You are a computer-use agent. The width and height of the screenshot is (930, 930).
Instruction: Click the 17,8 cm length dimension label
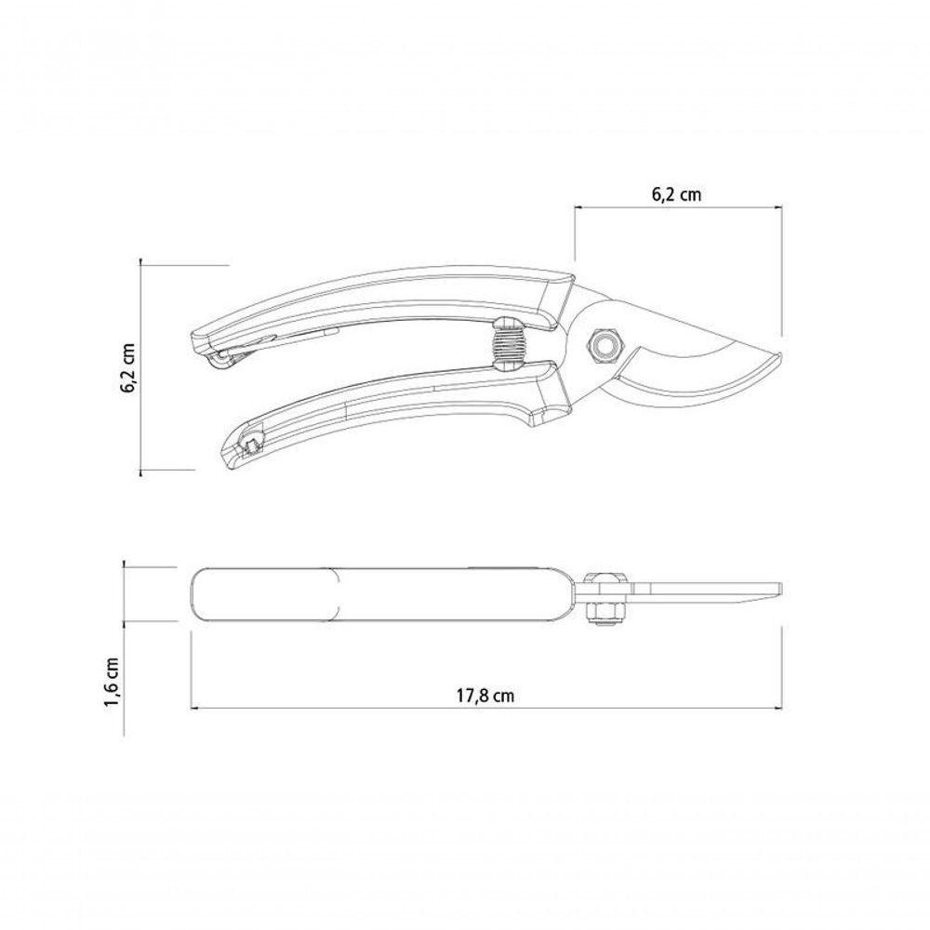(485, 695)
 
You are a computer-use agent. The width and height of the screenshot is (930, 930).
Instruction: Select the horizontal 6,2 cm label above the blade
(676, 194)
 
